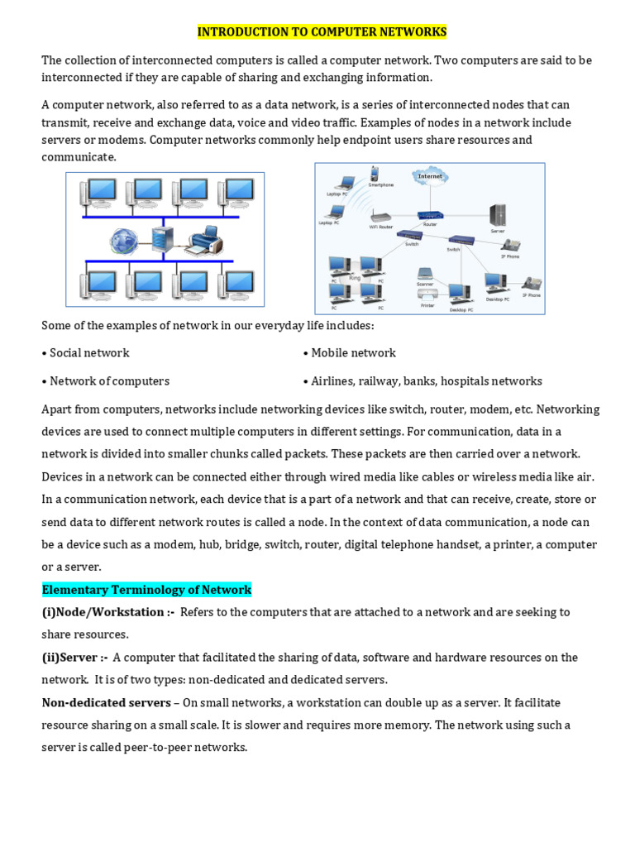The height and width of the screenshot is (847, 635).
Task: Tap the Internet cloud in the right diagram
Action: (430, 176)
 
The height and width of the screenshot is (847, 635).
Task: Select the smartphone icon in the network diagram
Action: (375, 175)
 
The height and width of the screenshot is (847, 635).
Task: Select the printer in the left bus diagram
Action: (203, 240)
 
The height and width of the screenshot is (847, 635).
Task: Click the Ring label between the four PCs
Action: (356, 279)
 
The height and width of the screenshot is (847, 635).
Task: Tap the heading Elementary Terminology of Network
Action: (146, 590)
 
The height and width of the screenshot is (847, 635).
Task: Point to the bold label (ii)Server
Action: (75, 658)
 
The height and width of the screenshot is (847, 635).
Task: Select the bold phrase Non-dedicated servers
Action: (106, 703)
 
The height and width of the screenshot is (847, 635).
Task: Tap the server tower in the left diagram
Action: (163, 239)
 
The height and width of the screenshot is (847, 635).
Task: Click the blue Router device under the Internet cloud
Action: (430, 215)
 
